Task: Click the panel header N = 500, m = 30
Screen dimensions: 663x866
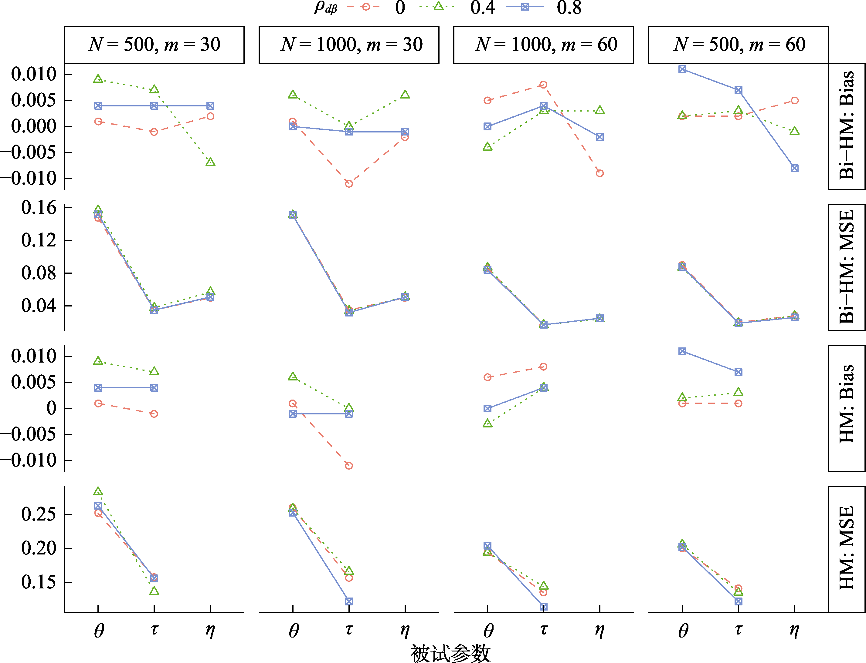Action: tap(154, 45)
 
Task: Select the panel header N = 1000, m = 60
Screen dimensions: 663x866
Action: tap(543, 45)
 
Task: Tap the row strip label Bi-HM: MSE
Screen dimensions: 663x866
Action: tap(847, 267)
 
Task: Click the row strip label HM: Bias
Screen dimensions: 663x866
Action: tap(847, 408)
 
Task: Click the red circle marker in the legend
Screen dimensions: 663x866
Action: tap(365, 7)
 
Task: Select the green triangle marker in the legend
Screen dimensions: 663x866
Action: tap(438, 6)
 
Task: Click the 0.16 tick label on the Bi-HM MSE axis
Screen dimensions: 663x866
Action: tap(39, 208)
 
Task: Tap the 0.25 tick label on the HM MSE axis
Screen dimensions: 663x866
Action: tap(39, 514)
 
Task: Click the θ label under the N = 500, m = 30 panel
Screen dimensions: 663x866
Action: tap(98, 631)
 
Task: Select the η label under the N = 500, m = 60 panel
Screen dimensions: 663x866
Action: tap(794, 631)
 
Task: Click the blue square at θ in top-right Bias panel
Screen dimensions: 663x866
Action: tap(682, 69)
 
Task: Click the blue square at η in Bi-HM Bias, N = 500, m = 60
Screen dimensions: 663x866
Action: tap(794, 168)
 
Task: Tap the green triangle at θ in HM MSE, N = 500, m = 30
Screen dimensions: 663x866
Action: tap(98, 492)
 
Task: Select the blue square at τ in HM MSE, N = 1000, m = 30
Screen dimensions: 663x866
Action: tap(349, 601)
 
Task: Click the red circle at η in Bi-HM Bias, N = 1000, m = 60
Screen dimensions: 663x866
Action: tap(600, 173)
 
